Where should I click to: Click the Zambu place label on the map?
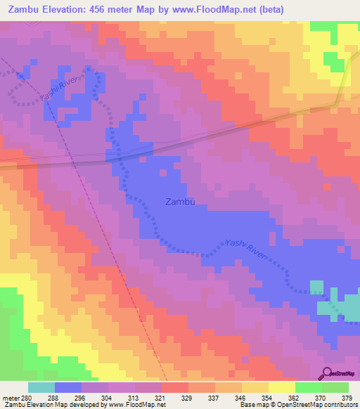coord(179,202)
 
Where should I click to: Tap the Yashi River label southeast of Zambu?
coord(246,249)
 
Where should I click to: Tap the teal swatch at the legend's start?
coord(41,387)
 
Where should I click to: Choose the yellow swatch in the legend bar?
coord(281,387)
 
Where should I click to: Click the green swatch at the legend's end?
coord(335,387)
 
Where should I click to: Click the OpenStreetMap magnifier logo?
coord(327,373)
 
